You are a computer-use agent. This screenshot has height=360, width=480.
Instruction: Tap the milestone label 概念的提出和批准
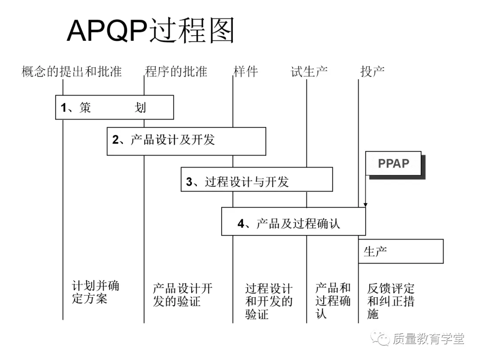(x=72, y=72)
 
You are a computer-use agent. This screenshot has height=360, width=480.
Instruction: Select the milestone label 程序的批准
(x=176, y=72)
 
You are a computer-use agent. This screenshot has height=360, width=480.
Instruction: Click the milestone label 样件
(x=245, y=72)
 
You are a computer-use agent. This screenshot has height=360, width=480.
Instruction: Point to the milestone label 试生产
(x=309, y=72)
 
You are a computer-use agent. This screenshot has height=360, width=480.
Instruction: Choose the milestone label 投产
(x=372, y=72)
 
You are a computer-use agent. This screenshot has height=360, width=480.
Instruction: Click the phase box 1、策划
(x=114, y=107)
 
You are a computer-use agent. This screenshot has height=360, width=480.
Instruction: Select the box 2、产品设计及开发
(x=186, y=141)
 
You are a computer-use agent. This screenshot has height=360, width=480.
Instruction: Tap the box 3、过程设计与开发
(x=256, y=179)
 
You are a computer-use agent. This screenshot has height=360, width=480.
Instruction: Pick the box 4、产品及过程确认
(x=293, y=221)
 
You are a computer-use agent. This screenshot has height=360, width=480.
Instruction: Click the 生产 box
(x=400, y=251)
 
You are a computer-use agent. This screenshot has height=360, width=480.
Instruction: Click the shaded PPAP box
(x=394, y=164)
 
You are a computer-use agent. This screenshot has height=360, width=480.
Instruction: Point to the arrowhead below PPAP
(x=365, y=204)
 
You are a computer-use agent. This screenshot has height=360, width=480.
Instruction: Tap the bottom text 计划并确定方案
(x=95, y=292)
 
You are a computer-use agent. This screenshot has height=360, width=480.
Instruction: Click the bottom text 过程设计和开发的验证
(x=269, y=301)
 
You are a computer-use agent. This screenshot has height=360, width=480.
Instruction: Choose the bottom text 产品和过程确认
(x=333, y=300)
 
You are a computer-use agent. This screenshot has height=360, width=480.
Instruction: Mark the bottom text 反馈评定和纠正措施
(x=391, y=301)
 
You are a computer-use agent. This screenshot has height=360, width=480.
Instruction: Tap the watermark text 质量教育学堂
(x=428, y=339)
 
